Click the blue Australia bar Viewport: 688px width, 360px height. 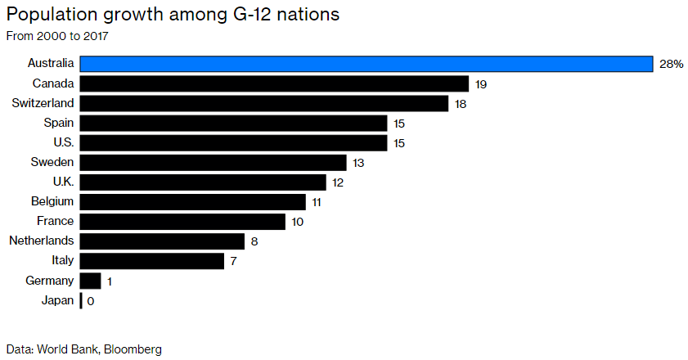366,64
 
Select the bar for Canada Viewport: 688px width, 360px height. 274,83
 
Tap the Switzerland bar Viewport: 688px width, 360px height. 263,103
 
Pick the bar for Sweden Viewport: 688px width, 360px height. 213,162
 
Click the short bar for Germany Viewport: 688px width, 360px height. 90,281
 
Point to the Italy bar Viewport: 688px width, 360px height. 151,260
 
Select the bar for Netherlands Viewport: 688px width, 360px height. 162,241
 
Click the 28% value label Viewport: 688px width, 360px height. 671,65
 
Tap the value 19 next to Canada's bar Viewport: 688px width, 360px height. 481,84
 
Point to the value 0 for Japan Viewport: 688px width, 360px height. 91,301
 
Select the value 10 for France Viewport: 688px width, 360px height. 297,222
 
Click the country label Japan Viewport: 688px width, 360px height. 57,300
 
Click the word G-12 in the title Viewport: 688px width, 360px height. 233,16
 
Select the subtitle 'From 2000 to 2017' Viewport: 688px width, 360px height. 57,36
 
